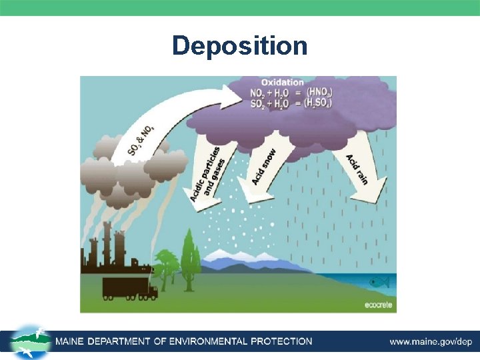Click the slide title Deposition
(240, 46)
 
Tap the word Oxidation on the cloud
(283, 82)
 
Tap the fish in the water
(379, 282)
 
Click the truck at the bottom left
(129, 287)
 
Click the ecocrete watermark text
(377, 306)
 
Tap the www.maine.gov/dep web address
(431, 341)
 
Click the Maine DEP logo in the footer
(30, 341)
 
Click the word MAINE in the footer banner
(72, 341)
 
